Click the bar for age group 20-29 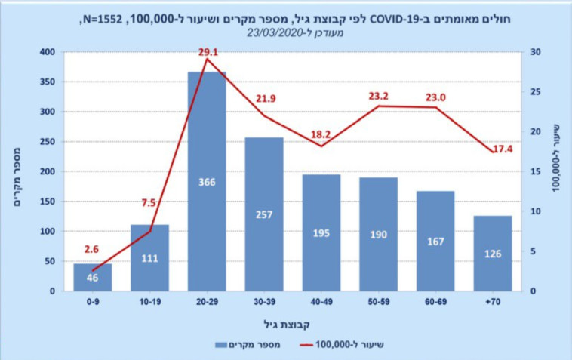point(207,181)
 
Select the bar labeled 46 point(92,278)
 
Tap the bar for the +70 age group point(493,253)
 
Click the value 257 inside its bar point(264,214)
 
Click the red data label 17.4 point(500,150)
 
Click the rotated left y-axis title point(19,171)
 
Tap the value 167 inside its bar point(435,242)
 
